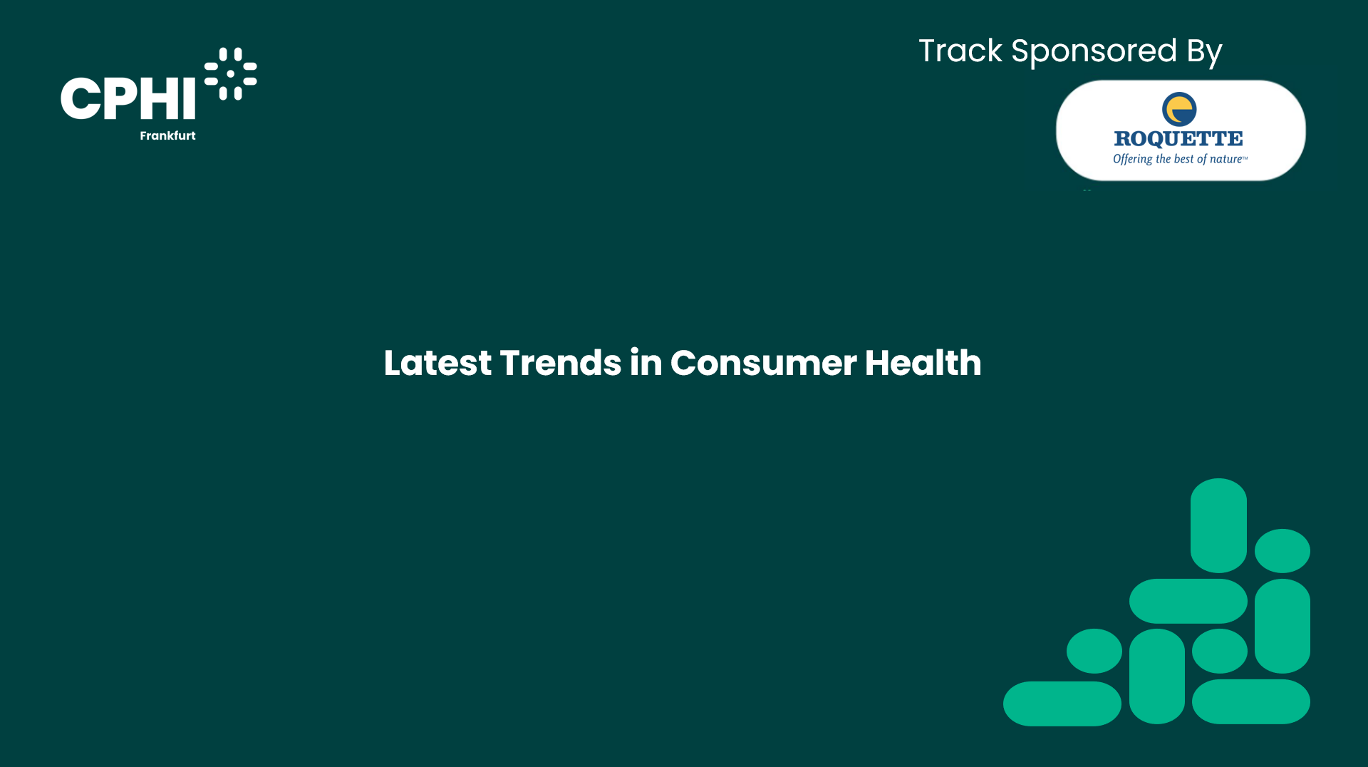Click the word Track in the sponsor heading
pos(960,51)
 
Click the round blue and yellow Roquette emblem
pos(1179,109)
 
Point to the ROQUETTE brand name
pos(1178,138)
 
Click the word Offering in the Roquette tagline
pos(1132,159)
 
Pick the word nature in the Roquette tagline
pos(1225,159)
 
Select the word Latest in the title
pos(437,363)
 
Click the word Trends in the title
pos(561,363)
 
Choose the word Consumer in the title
pos(763,364)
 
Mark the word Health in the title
pos(923,363)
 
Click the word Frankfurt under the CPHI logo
pos(167,135)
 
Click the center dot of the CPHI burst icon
pos(230,74)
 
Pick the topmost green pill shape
pos(1218,525)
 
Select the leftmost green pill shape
pos(1062,704)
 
